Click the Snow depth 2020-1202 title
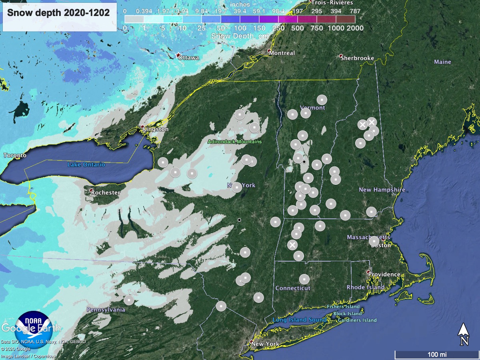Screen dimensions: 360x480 [x=58, y=12]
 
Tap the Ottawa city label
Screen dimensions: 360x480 [x=188, y=58]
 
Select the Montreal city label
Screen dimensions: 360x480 [x=282, y=53]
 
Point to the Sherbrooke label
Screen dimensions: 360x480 [x=357, y=58]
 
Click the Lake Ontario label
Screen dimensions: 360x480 [x=86, y=164]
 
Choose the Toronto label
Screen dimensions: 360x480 [x=15, y=155]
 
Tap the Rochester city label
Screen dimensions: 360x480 [x=105, y=192]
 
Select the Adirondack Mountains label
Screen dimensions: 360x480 [x=234, y=142]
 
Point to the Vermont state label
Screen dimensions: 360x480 [x=312, y=108]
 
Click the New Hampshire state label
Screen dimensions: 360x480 [x=382, y=190]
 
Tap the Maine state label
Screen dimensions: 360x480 [x=442, y=62]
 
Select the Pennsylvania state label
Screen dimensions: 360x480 [x=106, y=310]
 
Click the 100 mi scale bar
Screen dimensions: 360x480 [x=435, y=354]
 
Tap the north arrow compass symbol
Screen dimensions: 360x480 [x=464, y=334]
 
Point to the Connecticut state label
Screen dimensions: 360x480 [x=292, y=288]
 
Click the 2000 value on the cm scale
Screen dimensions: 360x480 [x=355, y=28]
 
